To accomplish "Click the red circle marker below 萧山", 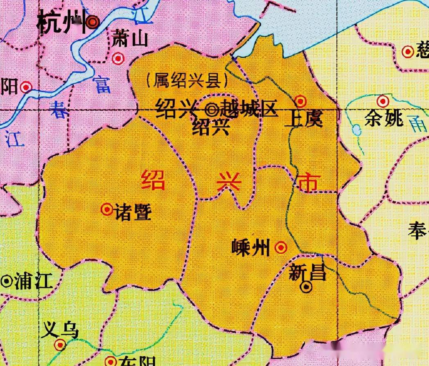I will [x=118, y=59].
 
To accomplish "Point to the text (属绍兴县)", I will [x=187, y=81].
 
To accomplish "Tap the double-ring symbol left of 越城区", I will [x=211, y=109].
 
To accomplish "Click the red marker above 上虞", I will [x=300, y=101].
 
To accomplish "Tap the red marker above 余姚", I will [x=383, y=101].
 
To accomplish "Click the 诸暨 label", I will [x=133, y=212].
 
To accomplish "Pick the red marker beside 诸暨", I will [x=107, y=210].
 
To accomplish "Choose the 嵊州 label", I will [x=251, y=247].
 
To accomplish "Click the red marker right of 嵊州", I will [x=281, y=247].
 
